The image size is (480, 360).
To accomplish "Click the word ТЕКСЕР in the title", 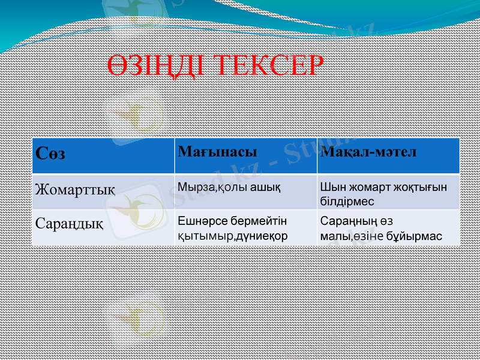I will (267, 66).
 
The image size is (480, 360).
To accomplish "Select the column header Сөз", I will (50, 153).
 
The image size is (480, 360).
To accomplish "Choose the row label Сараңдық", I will (69, 224).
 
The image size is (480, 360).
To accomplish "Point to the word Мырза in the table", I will (194, 187).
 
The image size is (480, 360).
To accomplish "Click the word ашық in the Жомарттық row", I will (265, 187).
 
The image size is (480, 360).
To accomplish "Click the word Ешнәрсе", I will (203, 222).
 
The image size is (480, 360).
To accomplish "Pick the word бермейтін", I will (259, 222).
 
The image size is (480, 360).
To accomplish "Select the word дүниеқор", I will (262, 236).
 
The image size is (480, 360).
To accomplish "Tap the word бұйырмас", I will (415, 236).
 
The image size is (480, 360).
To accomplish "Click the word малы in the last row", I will (332, 236).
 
